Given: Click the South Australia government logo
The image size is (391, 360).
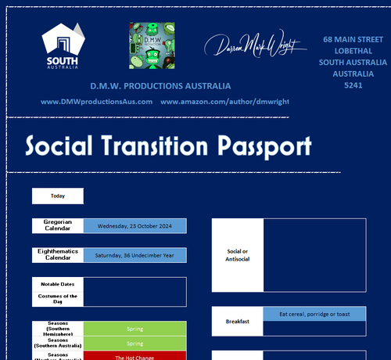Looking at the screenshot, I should tap(63, 46).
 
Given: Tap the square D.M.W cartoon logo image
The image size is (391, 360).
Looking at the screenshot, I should tap(151, 44).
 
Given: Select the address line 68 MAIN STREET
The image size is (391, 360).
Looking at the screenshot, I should tap(353, 38).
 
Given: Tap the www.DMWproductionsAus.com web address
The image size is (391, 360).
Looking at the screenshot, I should tap(96, 102).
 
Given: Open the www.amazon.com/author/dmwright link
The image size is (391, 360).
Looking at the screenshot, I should tap(224, 102).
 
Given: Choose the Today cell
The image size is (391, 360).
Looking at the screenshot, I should tap(57, 196).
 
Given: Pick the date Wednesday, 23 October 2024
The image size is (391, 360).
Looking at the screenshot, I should tap(135, 226).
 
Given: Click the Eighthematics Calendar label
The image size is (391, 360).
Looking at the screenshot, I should tap(57, 255).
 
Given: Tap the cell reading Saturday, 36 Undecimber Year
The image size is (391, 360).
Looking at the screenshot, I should tap(135, 255).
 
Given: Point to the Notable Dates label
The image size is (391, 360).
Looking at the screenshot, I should tap(57, 284).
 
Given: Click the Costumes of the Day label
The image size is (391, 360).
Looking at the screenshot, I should tap(57, 298).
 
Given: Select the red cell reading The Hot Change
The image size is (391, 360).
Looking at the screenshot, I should tap(135, 356).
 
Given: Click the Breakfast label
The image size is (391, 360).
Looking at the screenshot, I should tap(237, 322).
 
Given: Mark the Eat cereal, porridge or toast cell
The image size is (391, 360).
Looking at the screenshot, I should tap(314, 314).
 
